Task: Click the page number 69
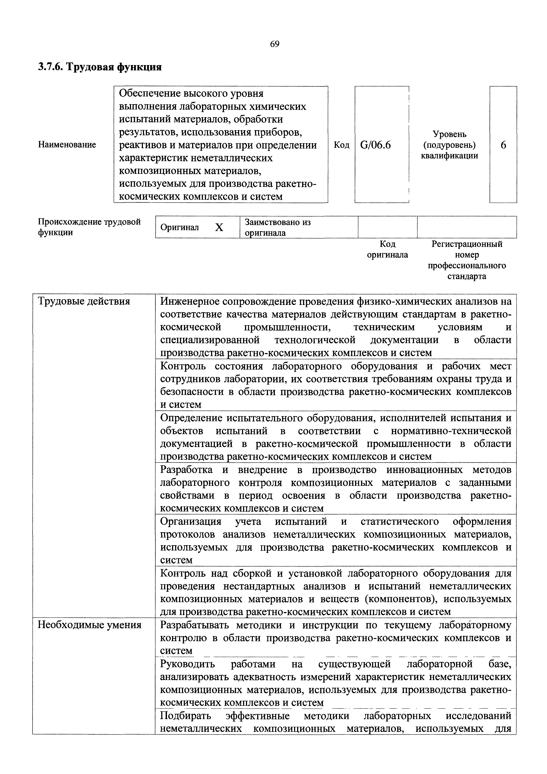click(x=275, y=44)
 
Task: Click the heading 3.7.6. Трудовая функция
click(x=100, y=67)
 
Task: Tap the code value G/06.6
click(x=375, y=145)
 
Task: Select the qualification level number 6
click(x=503, y=145)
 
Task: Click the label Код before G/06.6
click(x=341, y=145)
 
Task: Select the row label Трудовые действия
click(x=84, y=301)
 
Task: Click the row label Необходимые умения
click(x=89, y=625)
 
